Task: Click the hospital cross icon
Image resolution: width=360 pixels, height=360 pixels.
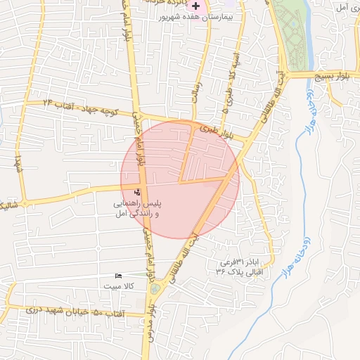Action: click(x=195, y=5)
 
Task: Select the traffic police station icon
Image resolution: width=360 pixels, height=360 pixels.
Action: click(x=137, y=192)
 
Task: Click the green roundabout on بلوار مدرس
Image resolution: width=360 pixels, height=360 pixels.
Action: click(x=155, y=289)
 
